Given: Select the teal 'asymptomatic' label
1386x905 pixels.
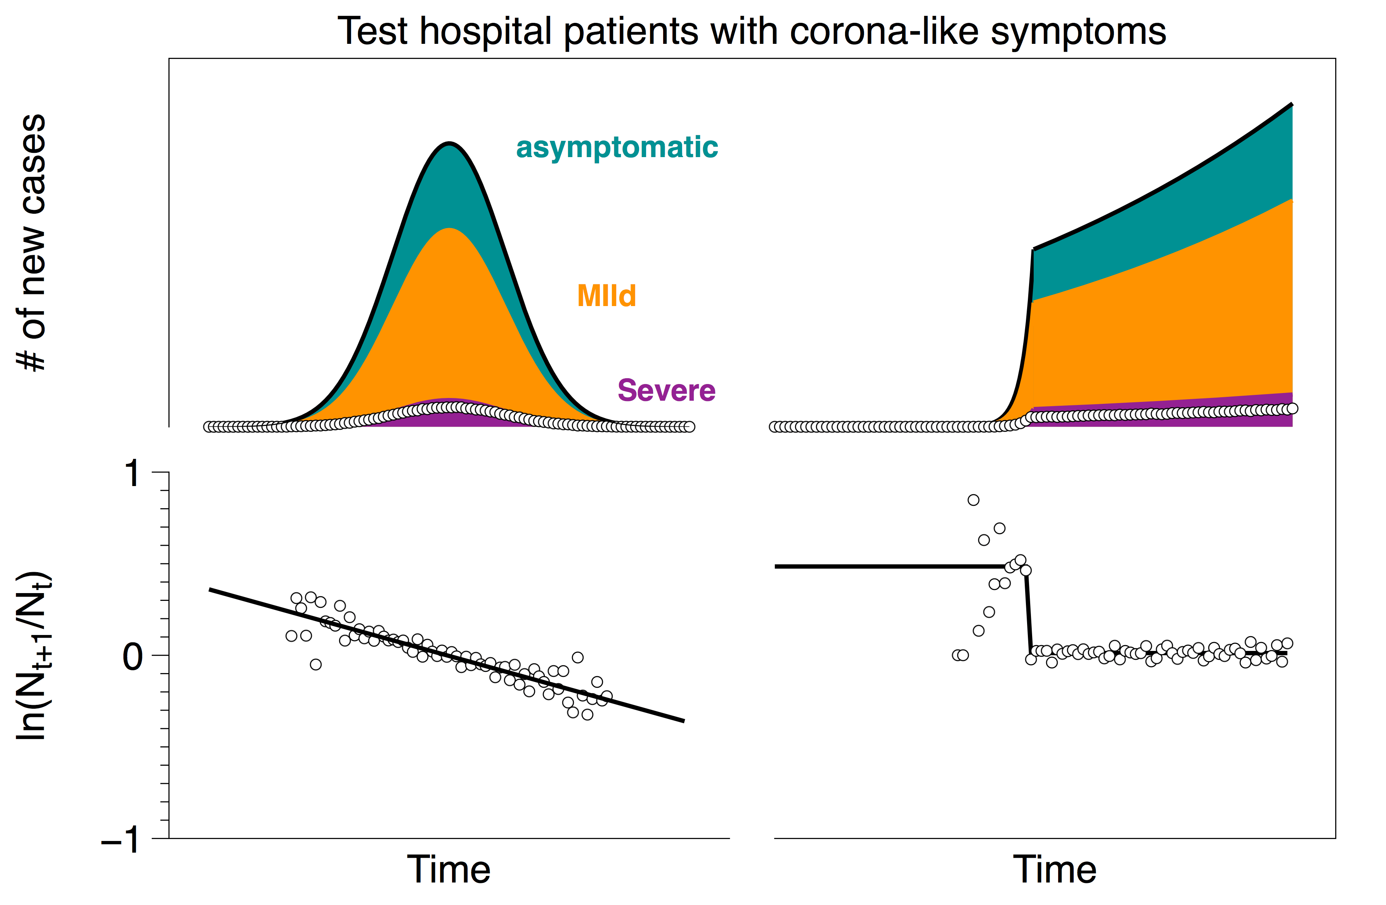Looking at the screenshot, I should pos(617,147).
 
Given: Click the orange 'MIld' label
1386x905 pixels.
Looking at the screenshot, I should pos(606,296).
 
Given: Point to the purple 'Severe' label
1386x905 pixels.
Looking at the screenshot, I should pos(666,390).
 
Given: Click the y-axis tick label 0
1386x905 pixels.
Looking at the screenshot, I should pos(133,657).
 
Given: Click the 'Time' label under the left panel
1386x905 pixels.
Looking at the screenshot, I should pos(449,869).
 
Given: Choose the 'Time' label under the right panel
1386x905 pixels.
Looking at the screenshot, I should pos(1055,869).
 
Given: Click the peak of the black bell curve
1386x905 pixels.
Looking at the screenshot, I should pos(449,143).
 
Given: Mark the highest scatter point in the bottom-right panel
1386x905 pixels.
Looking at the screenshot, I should pos(973,500).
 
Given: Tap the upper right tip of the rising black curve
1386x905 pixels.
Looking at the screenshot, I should pos(1292,105).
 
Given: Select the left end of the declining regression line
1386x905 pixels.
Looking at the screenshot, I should pos(210,590).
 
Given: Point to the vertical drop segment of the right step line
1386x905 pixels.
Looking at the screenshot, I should pos(1028,614).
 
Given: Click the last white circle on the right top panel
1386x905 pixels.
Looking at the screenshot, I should pos(1292,408).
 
